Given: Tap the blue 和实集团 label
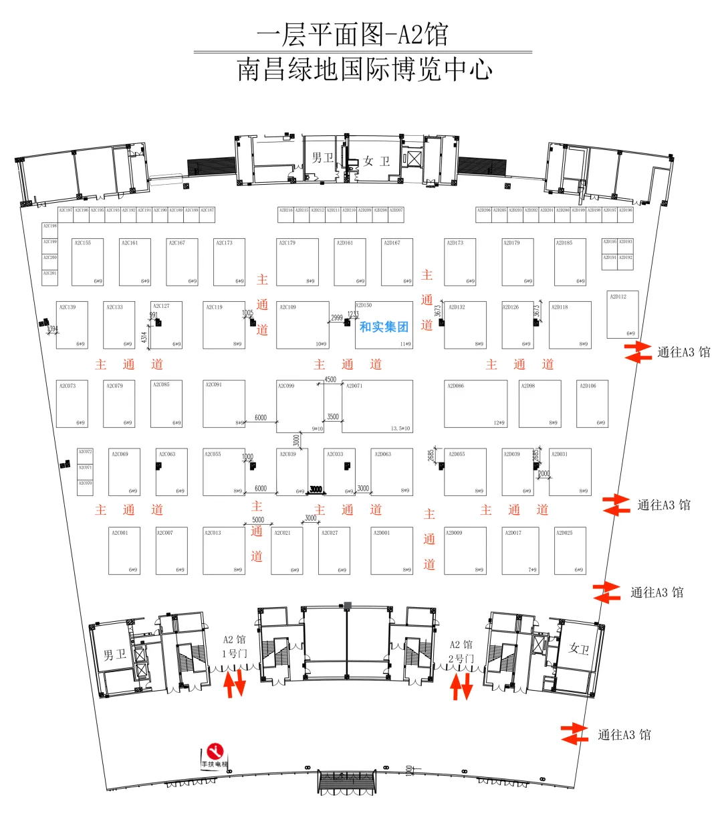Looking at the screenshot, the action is click(384, 327).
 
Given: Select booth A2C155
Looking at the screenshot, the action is click(88, 262).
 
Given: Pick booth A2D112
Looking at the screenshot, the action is click(622, 314).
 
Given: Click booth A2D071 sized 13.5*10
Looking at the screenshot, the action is click(378, 406).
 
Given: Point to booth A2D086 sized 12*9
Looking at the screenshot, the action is click(475, 404).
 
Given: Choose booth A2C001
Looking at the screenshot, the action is click(124, 551).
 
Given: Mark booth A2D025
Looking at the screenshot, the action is click(570, 551).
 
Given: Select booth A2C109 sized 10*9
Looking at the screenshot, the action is click(303, 325).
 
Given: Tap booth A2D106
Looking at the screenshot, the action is click(592, 404).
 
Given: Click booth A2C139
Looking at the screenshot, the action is click(72, 325).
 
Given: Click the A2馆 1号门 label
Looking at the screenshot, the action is click(234, 647).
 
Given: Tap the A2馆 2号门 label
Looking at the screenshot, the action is click(461, 651).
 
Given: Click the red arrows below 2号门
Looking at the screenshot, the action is click(461, 686).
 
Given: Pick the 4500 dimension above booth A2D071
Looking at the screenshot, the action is click(330, 380).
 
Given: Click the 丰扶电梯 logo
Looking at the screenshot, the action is click(215, 754).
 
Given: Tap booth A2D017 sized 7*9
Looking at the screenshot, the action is click(520, 551).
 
